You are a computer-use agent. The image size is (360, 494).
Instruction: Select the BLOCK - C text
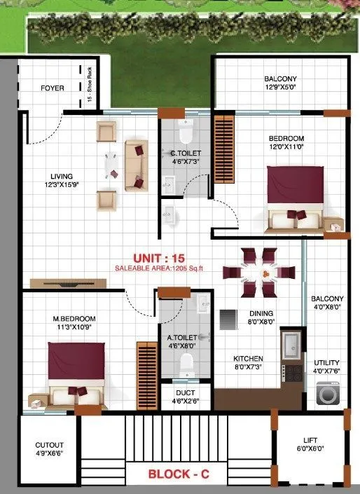pyautogui.click(x=178, y=474)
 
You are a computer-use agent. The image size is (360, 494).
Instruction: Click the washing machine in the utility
pyautogui.click(x=327, y=394)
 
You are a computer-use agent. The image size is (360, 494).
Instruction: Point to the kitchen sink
pyautogui.click(x=291, y=344)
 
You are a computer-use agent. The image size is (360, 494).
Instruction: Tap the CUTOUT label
pyautogui.click(x=50, y=445)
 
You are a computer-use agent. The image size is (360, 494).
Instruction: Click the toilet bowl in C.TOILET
pyautogui.click(x=186, y=132)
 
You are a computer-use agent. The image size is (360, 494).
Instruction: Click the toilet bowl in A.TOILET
pyautogui.click(x=186, y=363)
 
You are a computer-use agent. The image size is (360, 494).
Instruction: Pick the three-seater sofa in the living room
pyautogui.click(x=136, y=165)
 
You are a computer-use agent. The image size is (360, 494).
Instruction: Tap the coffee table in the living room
pyautogui.click(x=109, y=165)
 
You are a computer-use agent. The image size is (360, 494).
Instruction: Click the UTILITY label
pyautogui.click(x=326, y=363)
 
